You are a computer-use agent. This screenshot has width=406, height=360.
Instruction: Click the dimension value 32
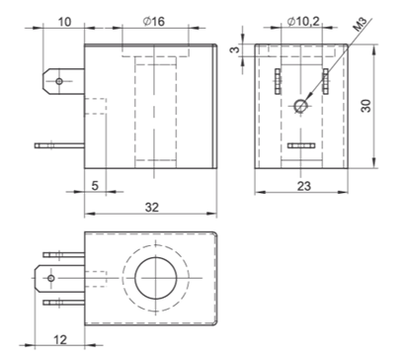tap(152, 207)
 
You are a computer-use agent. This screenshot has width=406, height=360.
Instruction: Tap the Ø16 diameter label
tap(154, 22)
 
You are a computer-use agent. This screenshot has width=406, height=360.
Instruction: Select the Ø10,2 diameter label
tap(303, 22)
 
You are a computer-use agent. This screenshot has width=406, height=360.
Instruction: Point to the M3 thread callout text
tap(360, 25)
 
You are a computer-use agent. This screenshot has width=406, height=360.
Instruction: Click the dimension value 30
tap(365, 106)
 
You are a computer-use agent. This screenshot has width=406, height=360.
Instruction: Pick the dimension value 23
tap(303, 186)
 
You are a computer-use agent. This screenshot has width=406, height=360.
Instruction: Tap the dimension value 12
tap(60, 339)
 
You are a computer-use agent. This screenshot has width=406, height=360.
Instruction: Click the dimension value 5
tap(95, 186)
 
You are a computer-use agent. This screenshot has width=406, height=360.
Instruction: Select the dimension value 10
tap(64, 22)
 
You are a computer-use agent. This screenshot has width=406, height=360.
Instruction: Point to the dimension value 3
tap(235, 49)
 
